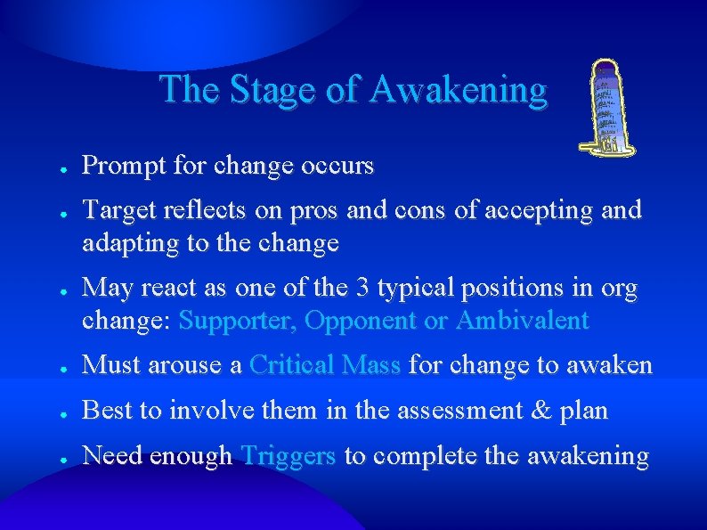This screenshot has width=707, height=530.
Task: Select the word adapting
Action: pyautogui.click(x=123, y=242)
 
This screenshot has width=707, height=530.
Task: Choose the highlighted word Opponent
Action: pyautogui.click(x=360, y=321)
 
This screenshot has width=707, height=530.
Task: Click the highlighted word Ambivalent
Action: pyautogui.click(x=522, y=321)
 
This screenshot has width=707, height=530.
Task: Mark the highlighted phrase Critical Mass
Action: pyautogui.click(x=325, y=364)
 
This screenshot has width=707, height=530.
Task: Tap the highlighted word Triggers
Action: pyautogui.click(x=288, y=456)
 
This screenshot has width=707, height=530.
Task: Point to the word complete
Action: pyautogui.click(x=427, y=456)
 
